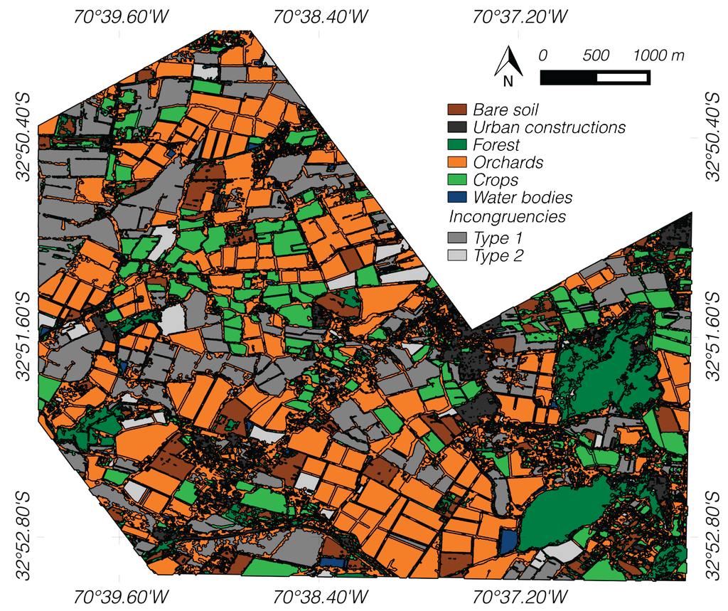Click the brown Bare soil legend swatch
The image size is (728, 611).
pyautogui.click(x=456, y=110)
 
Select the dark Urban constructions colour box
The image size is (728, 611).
pyautogui.click(x=456, y=128)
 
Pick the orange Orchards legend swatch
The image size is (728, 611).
pyautogui.click(x=456, y=163)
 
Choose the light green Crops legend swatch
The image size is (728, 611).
pyautogui.click(x=456, y=181)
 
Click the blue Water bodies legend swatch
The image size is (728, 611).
pyautogui.click(x=456, y=198)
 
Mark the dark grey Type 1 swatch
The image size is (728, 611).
pyautogui.click(x=456, y=238)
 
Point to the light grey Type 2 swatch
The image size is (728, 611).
pyautogui.click(x=456, y=255)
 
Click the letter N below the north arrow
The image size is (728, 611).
pyautogui.click(x=508, y=81)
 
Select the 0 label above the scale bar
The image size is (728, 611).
pyautogui.click(x=543, y=55)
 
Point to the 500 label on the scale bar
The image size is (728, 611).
pyautogui.click(x=596, y=55)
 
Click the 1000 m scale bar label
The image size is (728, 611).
pyautogui.click(x=659, y=55)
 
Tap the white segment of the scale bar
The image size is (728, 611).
pyautogui.click(x=623, y=78)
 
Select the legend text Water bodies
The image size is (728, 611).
pyautogui.click(x=523, y=198)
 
